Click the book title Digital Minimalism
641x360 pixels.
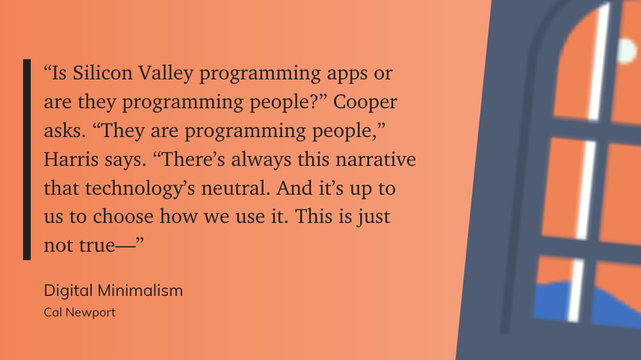pyautogui.click(x=113, y=290)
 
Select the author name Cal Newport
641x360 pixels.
pyautogui.click(x=79, y=313)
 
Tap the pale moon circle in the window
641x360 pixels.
pyautogui.click(x=626, y=50)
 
